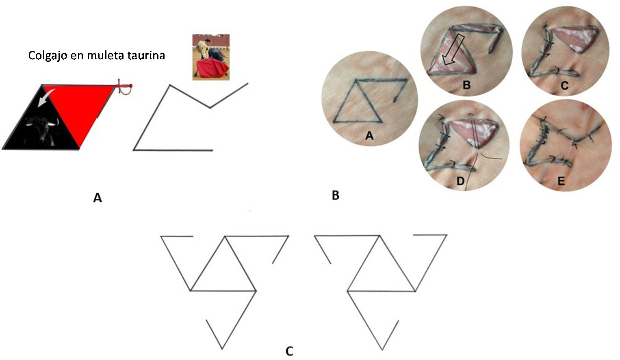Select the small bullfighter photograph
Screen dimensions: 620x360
[211, 57]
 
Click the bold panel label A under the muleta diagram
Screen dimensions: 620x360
[97, 198]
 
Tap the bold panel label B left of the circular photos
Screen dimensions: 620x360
[335, 195]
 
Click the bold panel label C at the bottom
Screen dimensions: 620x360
[289, 351]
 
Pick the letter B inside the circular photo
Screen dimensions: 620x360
[466, 85]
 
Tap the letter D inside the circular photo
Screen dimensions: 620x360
[460, 180]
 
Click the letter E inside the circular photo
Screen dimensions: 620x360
[561, 181]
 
